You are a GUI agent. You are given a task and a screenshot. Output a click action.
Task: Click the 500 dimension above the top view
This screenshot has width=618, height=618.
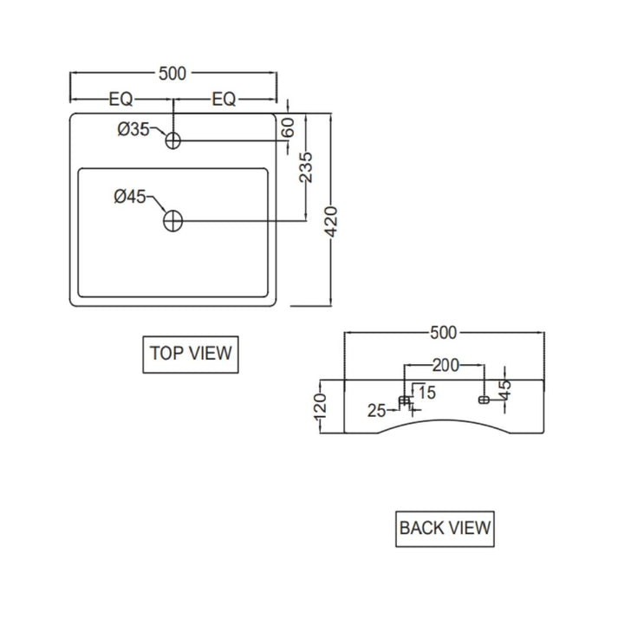(x=172, y=74)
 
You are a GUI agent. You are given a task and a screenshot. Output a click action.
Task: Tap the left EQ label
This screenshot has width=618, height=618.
(x=121, y=100)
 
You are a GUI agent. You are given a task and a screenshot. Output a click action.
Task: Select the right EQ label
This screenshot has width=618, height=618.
(x=224, y=100)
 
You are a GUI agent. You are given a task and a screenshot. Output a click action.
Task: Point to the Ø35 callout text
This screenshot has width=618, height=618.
(x=133, y=129)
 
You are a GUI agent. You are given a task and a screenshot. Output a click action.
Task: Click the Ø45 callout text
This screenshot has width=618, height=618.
(x=130, y=196)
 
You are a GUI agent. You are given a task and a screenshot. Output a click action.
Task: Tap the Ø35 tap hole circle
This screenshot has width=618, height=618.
(x=173, y=133)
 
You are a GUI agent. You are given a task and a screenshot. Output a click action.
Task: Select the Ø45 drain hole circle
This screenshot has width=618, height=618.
(x=173, y=211)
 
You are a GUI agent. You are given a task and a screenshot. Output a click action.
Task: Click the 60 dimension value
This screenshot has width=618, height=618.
(x=289, y=127)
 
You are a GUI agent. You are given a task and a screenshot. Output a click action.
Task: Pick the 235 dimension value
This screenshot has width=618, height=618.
(x=306, y=167)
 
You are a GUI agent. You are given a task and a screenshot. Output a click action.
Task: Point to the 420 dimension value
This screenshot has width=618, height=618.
(x=331, y=222)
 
